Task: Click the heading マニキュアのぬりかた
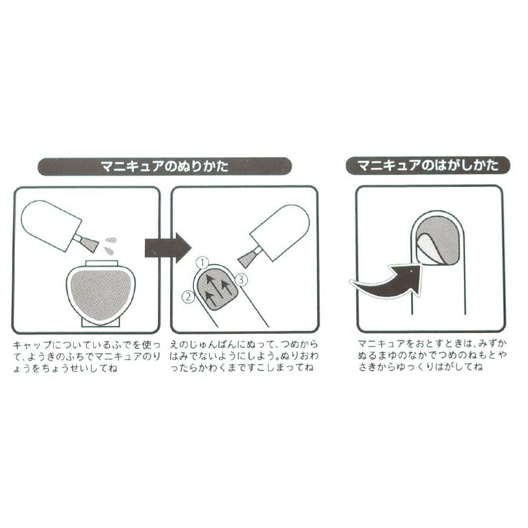coord(165,167)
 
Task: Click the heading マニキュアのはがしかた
coord(427,166)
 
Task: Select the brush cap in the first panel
coord(50,224)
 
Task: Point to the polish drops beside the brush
coord(109,245)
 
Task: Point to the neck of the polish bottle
coord(101,265)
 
